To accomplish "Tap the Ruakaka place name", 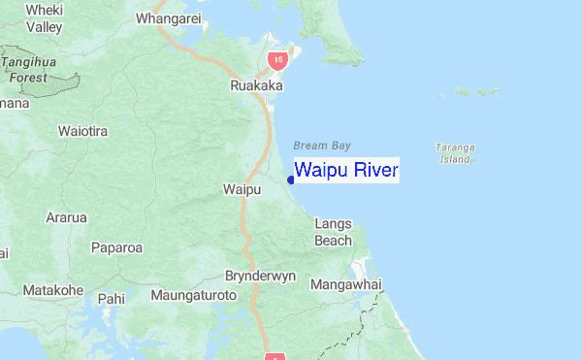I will coord(256,86).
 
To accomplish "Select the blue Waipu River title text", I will coord(346,171).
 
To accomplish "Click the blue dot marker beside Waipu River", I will coord(291,179).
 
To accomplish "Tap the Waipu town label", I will coord(242,188).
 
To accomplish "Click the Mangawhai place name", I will coord(346,285).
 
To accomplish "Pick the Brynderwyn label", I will coord(260,276).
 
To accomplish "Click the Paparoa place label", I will coord(116,247).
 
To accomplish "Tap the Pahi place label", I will coord(112,299).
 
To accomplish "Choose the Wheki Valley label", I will coord(44,17).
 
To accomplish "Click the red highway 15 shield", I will coord(278,61).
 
